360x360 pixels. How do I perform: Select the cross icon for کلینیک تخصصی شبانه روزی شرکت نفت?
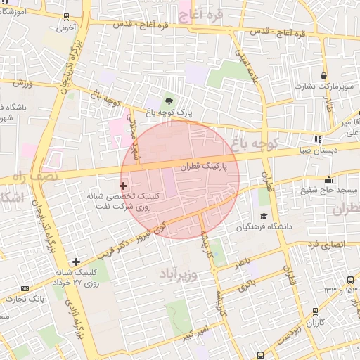tap(124, 186)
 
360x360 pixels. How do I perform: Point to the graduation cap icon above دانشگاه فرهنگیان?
tap(264, 216)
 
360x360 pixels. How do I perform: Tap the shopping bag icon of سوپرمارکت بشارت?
tap(323, 76)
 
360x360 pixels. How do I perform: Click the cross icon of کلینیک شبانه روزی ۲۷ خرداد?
tap(76, 262)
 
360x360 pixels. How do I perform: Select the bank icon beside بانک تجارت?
tap(25, 288)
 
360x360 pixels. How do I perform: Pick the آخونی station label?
tap(66, 29)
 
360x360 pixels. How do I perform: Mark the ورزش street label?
tap(22, 83)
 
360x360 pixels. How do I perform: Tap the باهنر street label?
tap(243, 262)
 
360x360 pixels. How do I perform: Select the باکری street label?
tap(246, 285)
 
